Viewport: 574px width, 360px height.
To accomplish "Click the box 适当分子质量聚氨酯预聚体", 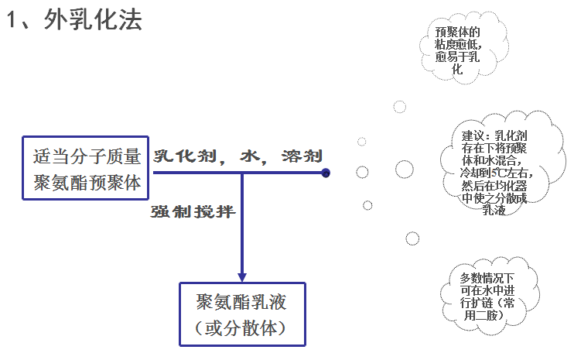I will [x=87, y=169].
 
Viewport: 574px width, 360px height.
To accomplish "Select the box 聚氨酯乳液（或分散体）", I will [x=242, y=313].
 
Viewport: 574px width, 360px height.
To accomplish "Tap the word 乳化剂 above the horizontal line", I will [x=183, y=156].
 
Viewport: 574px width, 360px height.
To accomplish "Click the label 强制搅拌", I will [x=192, y=211].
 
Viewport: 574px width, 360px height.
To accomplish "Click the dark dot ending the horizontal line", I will [x=326, y=173].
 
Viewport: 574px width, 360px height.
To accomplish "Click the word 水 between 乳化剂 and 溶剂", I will [x=248, y=156].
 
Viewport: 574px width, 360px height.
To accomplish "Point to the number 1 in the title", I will [x=12, y=21].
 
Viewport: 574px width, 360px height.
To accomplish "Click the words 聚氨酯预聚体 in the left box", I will [x=87, y=183].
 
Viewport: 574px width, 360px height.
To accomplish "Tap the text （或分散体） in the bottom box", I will [x=242, y=328].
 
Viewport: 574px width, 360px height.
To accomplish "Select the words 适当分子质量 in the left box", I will [x=87, y=156].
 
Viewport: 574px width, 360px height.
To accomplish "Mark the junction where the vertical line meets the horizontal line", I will [x=242, y=173].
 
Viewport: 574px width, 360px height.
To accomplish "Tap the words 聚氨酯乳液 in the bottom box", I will [x=242, y=300].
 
